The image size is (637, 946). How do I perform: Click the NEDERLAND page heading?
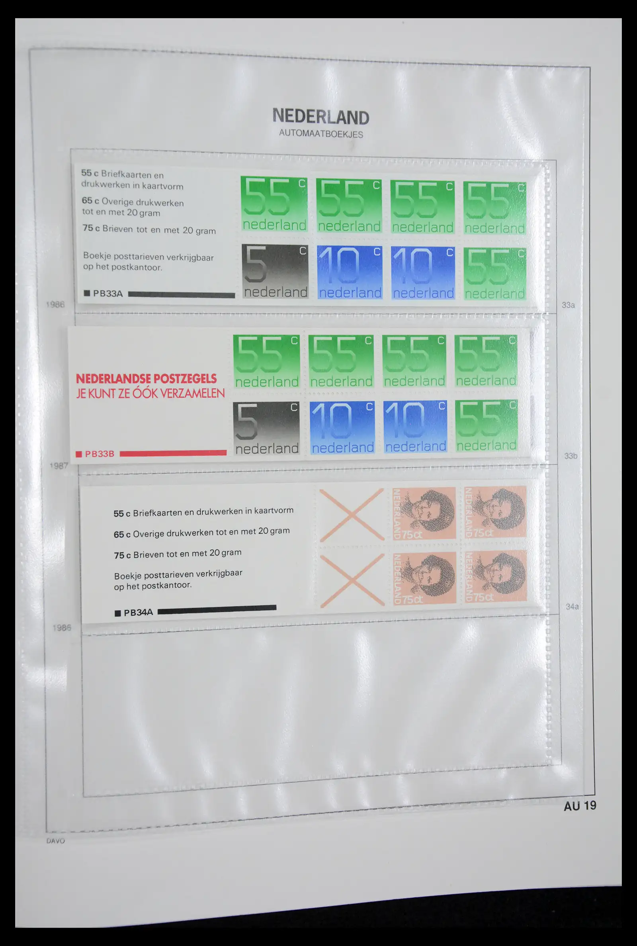click(x=320, y=117)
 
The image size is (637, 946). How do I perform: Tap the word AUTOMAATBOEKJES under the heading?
click(x=321, y=134)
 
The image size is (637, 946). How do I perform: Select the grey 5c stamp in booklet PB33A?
click(x=275, y=271)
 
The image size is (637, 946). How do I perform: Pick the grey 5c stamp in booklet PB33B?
click(x=266, y=428)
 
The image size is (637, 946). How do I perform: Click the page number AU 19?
click(x=580, y=806)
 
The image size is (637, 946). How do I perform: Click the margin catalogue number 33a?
click(x=568, y=305)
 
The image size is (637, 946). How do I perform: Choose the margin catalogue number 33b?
click(x=571, y=456)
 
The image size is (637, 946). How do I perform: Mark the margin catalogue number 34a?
click(x=572, y=607)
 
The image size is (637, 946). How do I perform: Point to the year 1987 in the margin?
click(x=59, y=466)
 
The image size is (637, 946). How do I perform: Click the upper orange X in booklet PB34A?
click(x=352, y=515)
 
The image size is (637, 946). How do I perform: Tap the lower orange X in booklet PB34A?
click(x=352, y=580)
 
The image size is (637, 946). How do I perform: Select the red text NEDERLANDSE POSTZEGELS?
click(x=146, y=379)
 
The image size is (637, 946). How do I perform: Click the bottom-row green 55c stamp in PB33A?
click(x=494, y=274)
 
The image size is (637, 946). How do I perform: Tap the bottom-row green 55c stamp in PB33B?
click(x=486, y=426)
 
